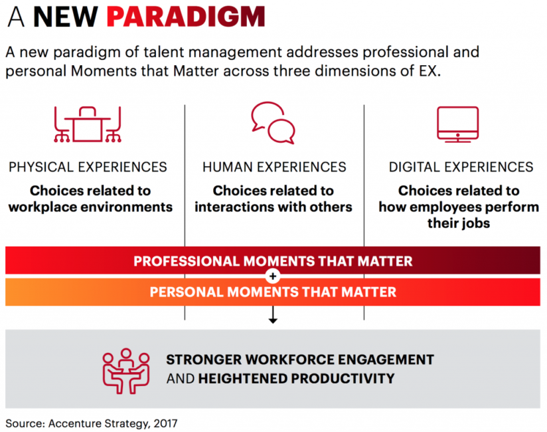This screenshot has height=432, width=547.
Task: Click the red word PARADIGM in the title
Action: tap(186, 17)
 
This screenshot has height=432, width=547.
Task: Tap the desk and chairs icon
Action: tap(88, 124)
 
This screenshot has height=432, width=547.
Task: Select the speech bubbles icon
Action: tap(273, 122)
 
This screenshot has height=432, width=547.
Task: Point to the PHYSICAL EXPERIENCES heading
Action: tap(88, 167)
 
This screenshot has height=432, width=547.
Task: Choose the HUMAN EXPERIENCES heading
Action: tap(274, 167)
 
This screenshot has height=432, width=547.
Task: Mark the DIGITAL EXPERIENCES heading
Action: tap(461, 167)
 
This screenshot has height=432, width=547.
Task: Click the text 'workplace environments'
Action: tap(90, 207)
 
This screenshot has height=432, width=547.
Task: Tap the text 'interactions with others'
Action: tap(273, 207)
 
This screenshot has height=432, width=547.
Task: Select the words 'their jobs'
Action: tap(459, 223)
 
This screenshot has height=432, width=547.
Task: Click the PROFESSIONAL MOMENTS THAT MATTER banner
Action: tap(273, 261)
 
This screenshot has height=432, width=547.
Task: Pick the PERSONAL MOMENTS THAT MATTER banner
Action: tap(273, 292)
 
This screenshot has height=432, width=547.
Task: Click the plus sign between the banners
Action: tap(273, 276)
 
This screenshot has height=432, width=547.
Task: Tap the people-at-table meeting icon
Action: tap(127, 369)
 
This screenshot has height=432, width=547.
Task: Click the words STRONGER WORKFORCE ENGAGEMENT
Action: tap(299, 360)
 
